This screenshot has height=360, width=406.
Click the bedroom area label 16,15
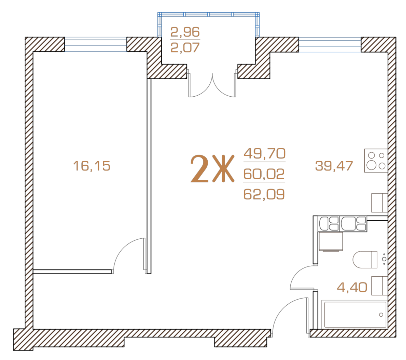[92, 166]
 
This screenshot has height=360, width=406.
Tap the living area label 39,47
[334, 166]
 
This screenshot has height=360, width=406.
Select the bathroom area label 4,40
[352, 287]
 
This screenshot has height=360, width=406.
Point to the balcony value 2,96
[185, 32]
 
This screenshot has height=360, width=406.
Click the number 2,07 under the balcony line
[185, 47]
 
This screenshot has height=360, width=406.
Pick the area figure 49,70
[264, 153]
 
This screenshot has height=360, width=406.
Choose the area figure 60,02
[264, 174]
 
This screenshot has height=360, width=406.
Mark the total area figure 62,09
[264, 194]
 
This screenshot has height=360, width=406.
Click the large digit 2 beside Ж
[199, 168]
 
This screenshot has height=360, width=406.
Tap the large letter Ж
[223, 168]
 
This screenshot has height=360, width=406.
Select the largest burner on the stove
[371, 165]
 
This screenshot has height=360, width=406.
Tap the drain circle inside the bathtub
[381, 315]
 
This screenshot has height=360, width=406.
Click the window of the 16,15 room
[96, 44]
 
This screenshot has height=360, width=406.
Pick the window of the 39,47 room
[330, 44]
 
